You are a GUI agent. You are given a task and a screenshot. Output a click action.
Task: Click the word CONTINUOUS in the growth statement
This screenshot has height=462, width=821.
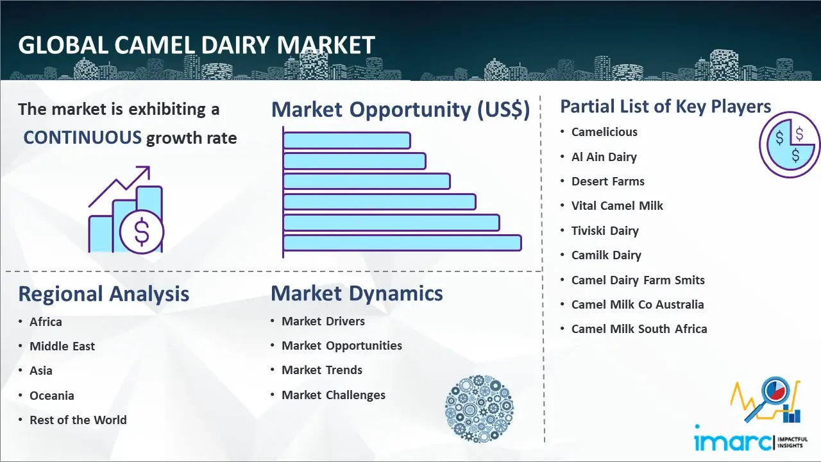pyautogui.click(x=82, y=138)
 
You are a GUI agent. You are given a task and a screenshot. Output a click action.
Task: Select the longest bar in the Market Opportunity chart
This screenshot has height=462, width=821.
pyautogui.click(x=402, y=243)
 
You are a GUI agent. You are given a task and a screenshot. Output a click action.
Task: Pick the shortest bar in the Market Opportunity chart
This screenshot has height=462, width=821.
pyautogui.click(x=347, y=141)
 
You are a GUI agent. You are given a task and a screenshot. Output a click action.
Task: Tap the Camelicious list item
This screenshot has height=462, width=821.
pyautogui.click(x=604, y=132)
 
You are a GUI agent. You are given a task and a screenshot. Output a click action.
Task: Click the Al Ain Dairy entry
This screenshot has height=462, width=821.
pyautogui.click(x=604, y=157)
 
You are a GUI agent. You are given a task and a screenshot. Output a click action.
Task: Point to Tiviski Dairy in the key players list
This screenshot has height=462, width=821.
pyautogui.click(x=605, y=230)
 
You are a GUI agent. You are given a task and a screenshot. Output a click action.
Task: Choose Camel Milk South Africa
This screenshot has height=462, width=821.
pyautogui.click(x=639, y=329)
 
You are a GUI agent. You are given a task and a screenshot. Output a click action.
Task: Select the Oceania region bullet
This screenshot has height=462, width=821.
pyautogui.click(x=52, y=396)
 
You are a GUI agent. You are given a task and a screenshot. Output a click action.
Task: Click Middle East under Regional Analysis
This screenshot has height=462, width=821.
pyautogui.click(x=62, y=346)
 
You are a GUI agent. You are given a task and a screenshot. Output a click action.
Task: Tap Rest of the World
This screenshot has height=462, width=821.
pyautogui.click(x=78, y=420)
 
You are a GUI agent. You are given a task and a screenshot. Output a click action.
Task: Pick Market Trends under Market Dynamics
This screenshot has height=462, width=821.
pyautogui.click(x=322, y=370)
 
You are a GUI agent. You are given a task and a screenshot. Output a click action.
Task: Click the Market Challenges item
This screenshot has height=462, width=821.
pyautogui.click(x=333, y=395)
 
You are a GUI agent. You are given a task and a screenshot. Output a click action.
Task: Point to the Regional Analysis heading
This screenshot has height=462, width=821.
pyautogui.click(x=104, y=294)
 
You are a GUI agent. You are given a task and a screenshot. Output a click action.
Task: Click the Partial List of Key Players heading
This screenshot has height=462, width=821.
pyautogui.click(x=666, y=107)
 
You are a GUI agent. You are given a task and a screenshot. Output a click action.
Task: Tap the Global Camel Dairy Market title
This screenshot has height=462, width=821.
pyautogui.click(x=196, y=46)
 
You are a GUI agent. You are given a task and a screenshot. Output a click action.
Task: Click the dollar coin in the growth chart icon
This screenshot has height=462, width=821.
pyautogui.click(x=142, y=232)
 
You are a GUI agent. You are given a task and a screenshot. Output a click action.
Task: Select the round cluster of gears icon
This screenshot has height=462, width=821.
pyautogui.click(x=479, y=408)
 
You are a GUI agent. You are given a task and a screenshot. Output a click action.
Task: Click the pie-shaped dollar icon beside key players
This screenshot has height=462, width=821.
pyautogui.click(x=789, y=145)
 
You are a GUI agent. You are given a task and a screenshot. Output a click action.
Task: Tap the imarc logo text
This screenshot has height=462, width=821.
pyautogui.click(x=732, y=441)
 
